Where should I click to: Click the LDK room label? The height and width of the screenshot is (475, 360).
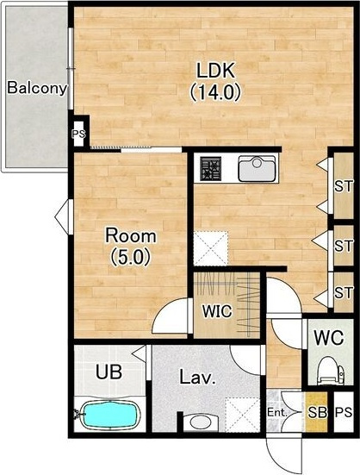[x=215, y=82]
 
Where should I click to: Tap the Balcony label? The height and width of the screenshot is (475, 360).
[x=37, y=88]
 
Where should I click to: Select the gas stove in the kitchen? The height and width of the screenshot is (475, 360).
[x=210, y=168]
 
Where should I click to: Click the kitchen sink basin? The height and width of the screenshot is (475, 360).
[x=257, y=168]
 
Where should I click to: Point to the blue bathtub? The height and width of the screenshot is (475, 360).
[x=110, y=414]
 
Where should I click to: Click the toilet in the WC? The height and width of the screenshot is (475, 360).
[x=330, y=371]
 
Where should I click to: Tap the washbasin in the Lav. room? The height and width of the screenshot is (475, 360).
[x=201, y=422]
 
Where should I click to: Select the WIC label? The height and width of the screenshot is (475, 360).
[x=217, y=311]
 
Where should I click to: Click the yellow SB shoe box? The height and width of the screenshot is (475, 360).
[x=316, y=412]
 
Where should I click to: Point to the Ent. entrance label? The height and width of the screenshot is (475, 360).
[x=276, y=412]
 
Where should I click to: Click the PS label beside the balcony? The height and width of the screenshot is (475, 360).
[x=79, y=134]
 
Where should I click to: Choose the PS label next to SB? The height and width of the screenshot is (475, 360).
[x=344, y=412]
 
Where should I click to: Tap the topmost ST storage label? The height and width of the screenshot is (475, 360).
[x=344, y=186]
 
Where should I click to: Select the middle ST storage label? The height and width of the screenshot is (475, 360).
[x=344, y=246]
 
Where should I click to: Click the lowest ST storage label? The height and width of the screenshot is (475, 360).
[x=344, y=292]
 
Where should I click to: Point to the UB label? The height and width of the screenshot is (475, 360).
[x=109, y=372]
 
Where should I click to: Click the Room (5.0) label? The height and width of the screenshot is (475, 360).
[x=131, y=247]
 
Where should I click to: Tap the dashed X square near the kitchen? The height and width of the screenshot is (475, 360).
[x=210, y=248]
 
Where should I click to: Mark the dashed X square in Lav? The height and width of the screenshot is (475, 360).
[x=242, y=414]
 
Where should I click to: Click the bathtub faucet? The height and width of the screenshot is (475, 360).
[x=78, y=414]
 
